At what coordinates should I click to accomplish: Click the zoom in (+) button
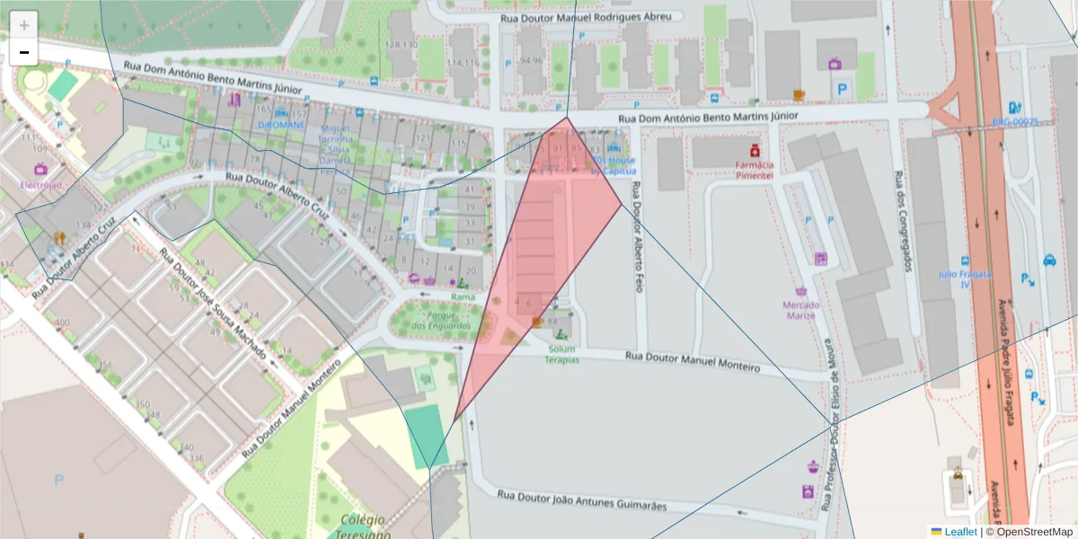tap(24, 24)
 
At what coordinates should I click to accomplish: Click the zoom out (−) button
tap(24, 53)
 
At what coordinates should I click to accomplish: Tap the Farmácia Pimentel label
tap(754, 170)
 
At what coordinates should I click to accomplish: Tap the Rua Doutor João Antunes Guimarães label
tap(582, 499)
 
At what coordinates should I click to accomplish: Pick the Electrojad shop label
tap(40, 185)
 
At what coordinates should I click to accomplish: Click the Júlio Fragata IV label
tap(964, 278)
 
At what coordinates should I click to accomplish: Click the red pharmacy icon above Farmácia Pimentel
tap(755, 148)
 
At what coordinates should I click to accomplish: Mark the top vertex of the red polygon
tap(567, 118)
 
